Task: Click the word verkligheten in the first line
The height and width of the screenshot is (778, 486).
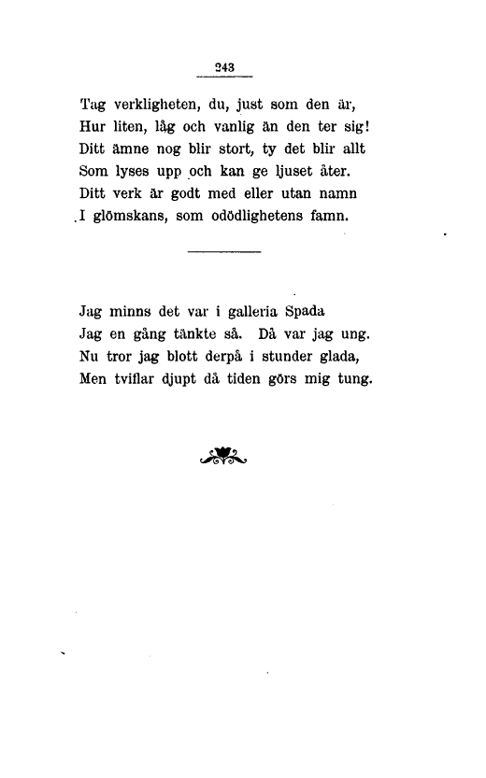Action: tap(160, 104)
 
